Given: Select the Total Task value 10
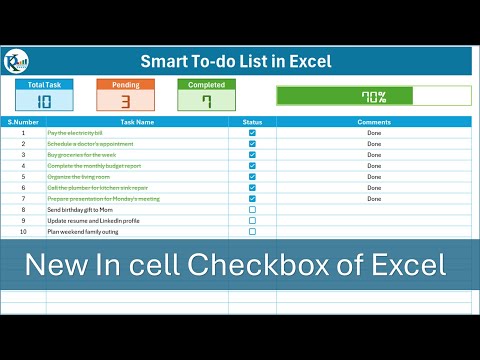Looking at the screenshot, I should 44,101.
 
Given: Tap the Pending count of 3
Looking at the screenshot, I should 125,101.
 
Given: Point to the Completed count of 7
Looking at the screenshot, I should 206,101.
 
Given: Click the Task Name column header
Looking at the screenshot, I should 138,122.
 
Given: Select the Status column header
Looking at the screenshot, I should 252,122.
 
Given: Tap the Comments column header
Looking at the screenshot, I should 374,122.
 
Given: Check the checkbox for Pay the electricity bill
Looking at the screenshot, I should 252,133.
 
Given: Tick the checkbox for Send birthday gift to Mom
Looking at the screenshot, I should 252,209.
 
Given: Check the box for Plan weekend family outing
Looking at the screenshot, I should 252,231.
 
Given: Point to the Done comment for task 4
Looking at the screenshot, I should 374,165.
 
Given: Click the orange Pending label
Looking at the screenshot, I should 125,86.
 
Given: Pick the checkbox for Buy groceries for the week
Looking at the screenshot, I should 252,155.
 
